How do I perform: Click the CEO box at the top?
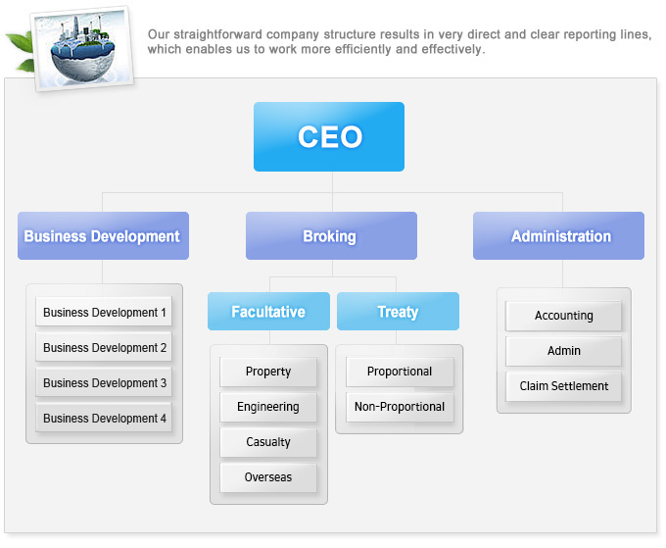pyautogui.click(x=329, y=136)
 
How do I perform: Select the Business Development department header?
pyautogui.click(x=103, y=235)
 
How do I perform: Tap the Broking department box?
pyautogui.click(x=331, y=235)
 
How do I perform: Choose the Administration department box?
pyautogui.click(x=558, y=235)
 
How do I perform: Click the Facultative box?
pyautogui.click(x=268, y=311)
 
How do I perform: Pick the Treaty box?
pyautogui.click(x=398, y=311)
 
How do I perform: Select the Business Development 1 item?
pyautogui.click(x=104, y=312)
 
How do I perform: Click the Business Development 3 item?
pyautogui.click(x=104, y=382)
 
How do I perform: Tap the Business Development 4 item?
pyautogui.click(x=104, y=418)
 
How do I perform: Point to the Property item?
pyautogui.click(x=268, y=372)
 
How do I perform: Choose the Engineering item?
pyautogui.click(x=268, y=407)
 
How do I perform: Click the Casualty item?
pyautogui.click(x=268, y=442)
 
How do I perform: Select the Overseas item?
pyautogui.click(x=268, y=477)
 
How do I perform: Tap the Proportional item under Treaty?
pyautogui.click(x=400, y=372)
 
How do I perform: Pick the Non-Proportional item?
pyautogui.click(x=400, y=407)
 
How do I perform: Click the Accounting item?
pyautogui.click(x=563, y=316)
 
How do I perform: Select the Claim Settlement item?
pyautogui.click(x=563, y=386)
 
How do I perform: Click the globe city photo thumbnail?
pyautogui.click(x=83, y=48)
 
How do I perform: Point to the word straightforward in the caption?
pyautogui.click(x=217, y=34)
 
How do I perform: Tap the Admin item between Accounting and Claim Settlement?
pyautogui.click(x=563, y=351)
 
